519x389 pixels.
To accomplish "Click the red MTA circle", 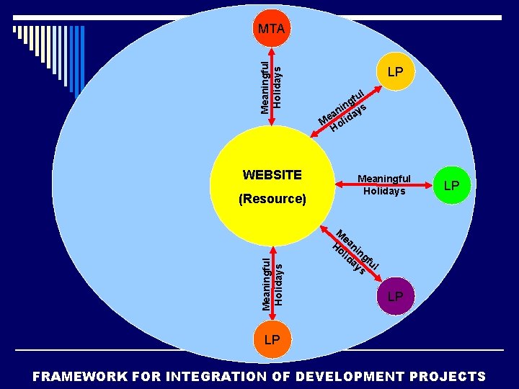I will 272,29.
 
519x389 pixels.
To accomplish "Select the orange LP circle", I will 394,72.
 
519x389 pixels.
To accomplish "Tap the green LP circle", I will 451,185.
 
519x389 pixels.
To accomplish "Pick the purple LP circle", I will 394,296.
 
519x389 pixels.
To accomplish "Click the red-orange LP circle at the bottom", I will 272,339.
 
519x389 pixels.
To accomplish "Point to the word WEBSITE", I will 272,175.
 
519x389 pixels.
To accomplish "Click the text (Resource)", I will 272,198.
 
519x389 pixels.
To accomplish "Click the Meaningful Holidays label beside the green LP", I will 384,185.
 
